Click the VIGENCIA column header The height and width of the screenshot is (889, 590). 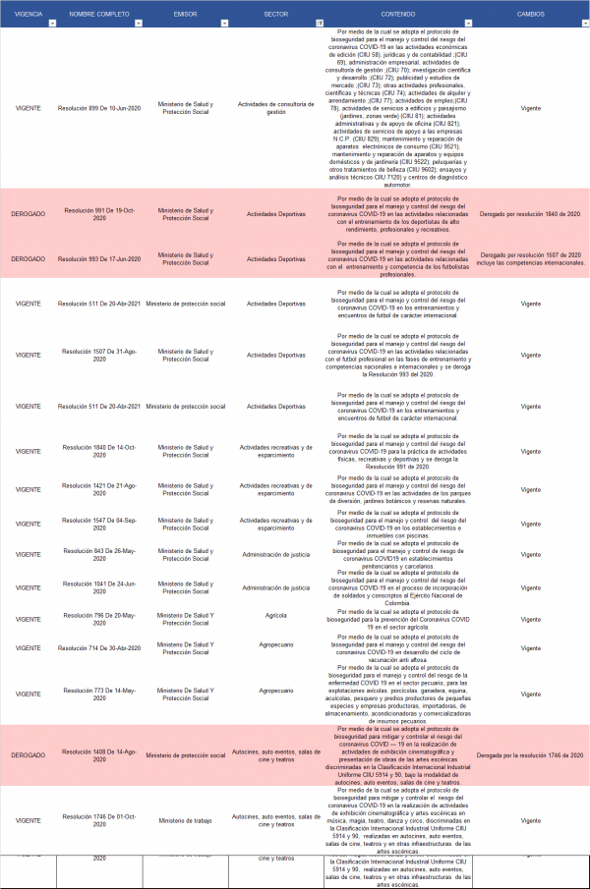click(28, 14)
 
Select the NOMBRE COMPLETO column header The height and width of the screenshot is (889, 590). click(98, 14)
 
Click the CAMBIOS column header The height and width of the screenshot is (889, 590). click(531, 14)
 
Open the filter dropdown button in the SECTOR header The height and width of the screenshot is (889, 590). click(319, 22)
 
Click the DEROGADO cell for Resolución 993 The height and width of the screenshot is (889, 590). click(28, 258)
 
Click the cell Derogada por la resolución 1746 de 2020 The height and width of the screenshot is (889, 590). click(531, 754)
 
